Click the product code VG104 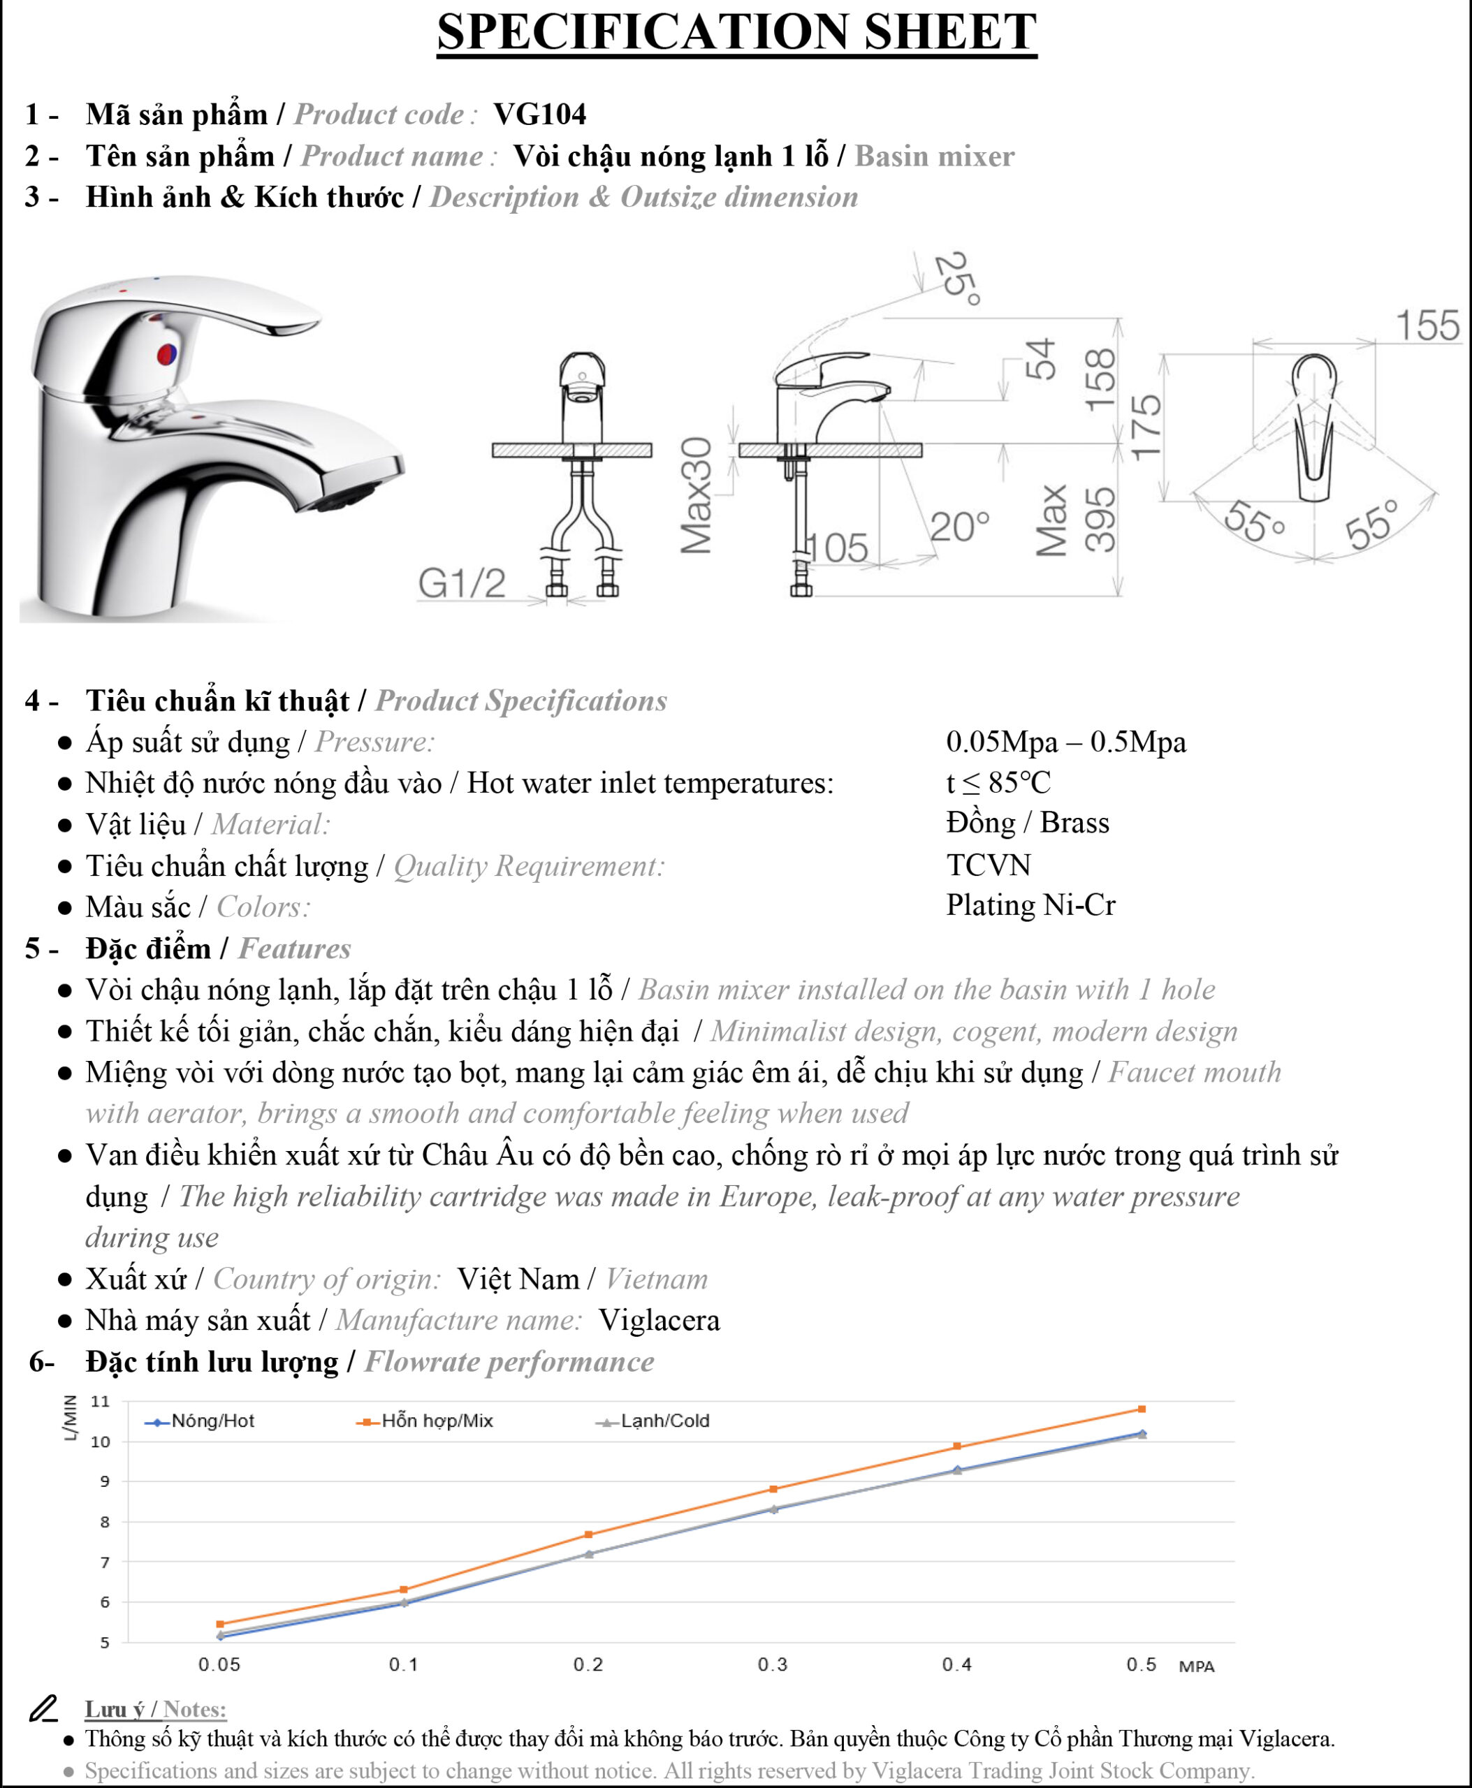[x=539, y=114]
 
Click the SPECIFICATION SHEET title [x=737, y=32]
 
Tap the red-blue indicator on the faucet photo [x=167, y=353]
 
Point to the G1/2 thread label [x=462, y=583]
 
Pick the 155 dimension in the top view [x=1428, y=325]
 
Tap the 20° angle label [x=960, y=527]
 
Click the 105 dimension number [x=837, y=548]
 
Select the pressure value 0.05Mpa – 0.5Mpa [x=1066, y=742]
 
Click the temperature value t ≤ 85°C [x=999, y=782]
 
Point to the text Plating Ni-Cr [x=1030, y=904]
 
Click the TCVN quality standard [x=989, y=865]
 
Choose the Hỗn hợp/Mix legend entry [x=425, y=1421]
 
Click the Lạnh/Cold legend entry [x=653, y=1421]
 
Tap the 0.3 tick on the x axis [x=773, y=1664]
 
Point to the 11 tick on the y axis [x=100, y=1401]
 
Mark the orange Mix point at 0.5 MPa [x=1142, y=1409]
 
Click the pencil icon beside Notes [x=43, y=1708]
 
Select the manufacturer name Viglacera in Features [x=659, y=1320]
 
